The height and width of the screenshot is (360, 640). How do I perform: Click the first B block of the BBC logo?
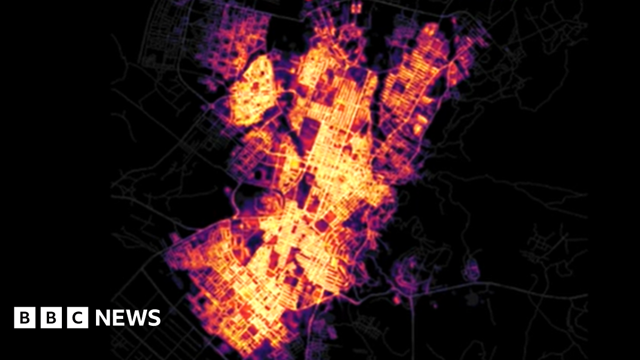pyautogui.click(x=24, y=318)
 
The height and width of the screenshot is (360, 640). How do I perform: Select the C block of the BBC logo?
pyautogui.click(x=78, y=318)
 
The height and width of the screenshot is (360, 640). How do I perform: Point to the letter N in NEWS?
pyautogui.click(x=105, y=318)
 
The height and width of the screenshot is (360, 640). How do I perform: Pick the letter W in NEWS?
pyautogui.click(x=137, y=318)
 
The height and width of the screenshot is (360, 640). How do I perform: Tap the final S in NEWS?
pyautogui.click(x=154, y=318)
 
